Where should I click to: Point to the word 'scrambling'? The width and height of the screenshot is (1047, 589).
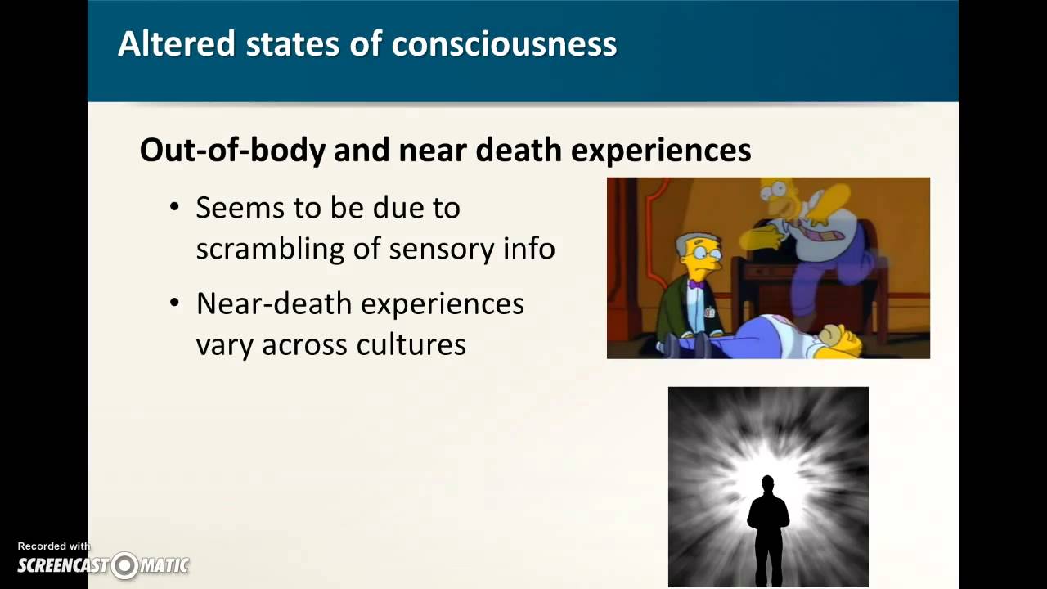tap(269, 248)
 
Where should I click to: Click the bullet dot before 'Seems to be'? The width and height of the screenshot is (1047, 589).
tap(174, 207)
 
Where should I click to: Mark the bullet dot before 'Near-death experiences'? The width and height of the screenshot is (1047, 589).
tap(174, 303)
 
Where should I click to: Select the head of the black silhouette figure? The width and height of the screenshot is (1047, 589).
tap(767, 483)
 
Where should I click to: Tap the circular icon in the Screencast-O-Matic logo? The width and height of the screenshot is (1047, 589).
tap(125, 565)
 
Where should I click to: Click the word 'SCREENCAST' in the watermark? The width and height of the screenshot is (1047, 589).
tap(64, 565)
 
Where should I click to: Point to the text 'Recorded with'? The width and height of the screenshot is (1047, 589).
tap(54, 546)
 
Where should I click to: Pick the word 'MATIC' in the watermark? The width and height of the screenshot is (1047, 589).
tap(164, 565)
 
